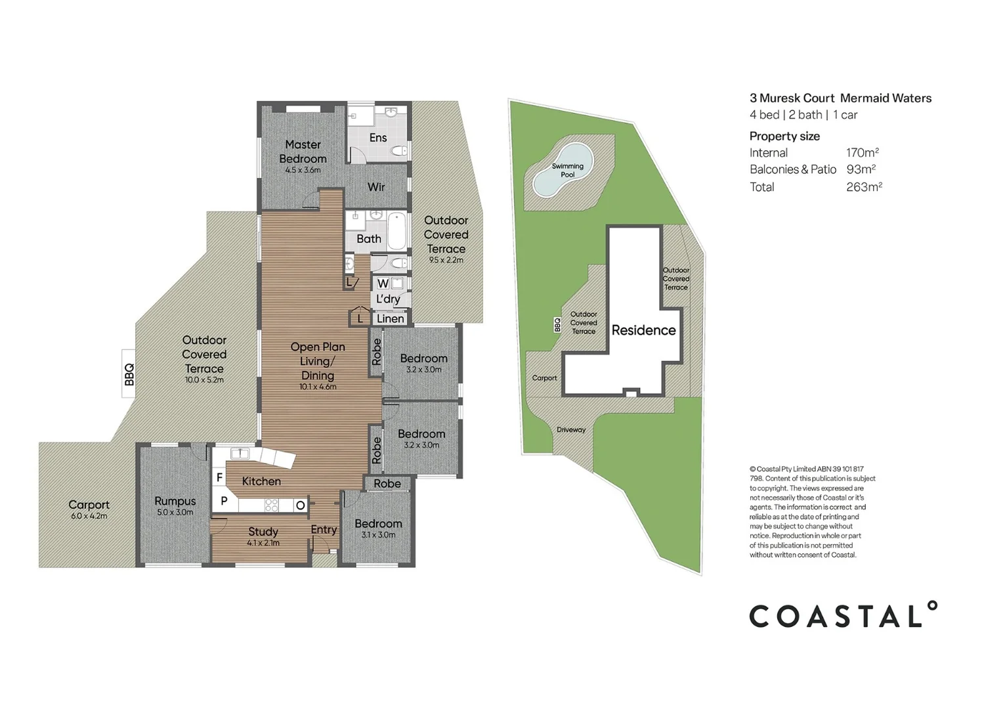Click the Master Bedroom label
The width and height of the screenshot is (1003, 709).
303,152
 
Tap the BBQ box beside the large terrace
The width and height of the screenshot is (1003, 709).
129,375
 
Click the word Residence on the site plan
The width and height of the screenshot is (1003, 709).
643,330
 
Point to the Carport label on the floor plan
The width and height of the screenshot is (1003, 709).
89,505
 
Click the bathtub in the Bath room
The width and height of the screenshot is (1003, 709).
396,231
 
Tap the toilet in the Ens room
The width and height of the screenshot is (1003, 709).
398,152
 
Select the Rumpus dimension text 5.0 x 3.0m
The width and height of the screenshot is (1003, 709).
175,512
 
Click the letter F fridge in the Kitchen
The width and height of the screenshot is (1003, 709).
219,477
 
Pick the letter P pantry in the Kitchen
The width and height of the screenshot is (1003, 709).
224,501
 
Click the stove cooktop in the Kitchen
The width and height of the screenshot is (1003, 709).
271,505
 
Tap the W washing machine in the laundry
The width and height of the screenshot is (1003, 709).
383,284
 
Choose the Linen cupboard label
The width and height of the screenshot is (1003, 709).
391,318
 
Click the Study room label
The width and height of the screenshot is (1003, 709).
263,532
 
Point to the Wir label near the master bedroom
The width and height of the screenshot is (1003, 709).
376,187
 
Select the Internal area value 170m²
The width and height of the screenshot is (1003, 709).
862,153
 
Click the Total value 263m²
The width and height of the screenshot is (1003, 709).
863,187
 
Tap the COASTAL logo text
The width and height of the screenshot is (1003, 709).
843,615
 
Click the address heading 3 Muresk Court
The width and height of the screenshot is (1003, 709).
792,98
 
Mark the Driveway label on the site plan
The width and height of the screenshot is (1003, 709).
570,430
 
